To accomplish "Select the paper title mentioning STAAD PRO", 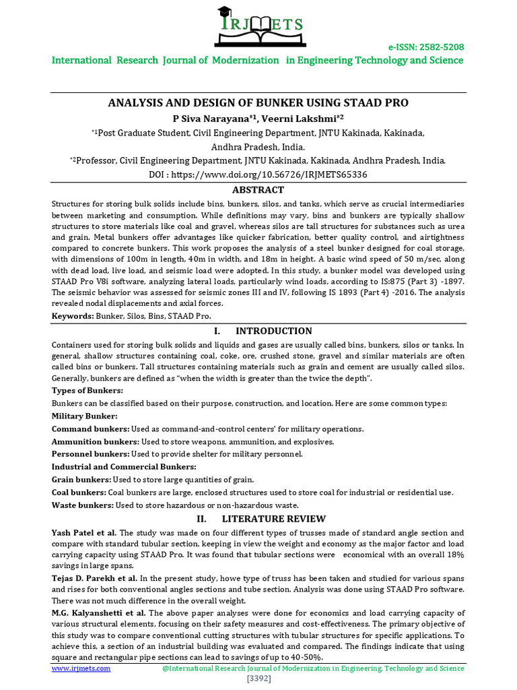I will tap(258, 103).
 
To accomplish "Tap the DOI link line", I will tap(258, 175).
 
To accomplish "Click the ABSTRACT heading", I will tap(258, 190).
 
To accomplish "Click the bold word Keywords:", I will tap(72, 315).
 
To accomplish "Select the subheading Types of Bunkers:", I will tap(87, 391).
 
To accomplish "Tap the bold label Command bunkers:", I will tap(90, 429).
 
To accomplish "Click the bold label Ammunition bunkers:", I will tap(94, 441).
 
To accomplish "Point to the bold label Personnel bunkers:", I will tap(90, 454).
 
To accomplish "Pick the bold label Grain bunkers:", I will tap(81, 480).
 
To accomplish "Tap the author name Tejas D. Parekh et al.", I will tap(95, 579).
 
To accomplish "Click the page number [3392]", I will tap(258, 679).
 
